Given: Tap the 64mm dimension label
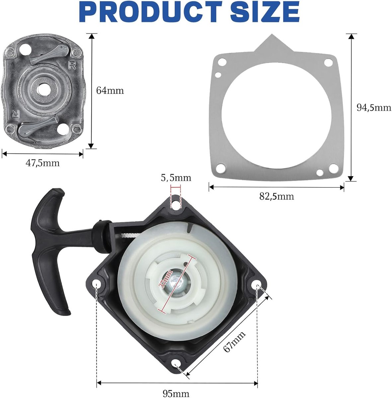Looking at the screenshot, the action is (110, 91).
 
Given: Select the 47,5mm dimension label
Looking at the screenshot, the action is (42, 163).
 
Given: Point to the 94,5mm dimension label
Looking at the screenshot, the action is (374, 107).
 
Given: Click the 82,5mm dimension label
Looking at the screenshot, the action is (276, 196).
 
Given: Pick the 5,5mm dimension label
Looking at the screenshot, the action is (176, 178).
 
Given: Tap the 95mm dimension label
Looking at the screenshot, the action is (176, 393).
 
